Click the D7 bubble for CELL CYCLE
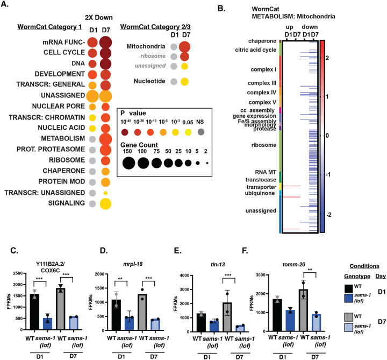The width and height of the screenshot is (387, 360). coord(105,53)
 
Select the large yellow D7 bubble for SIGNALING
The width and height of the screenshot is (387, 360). coord(105,203)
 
